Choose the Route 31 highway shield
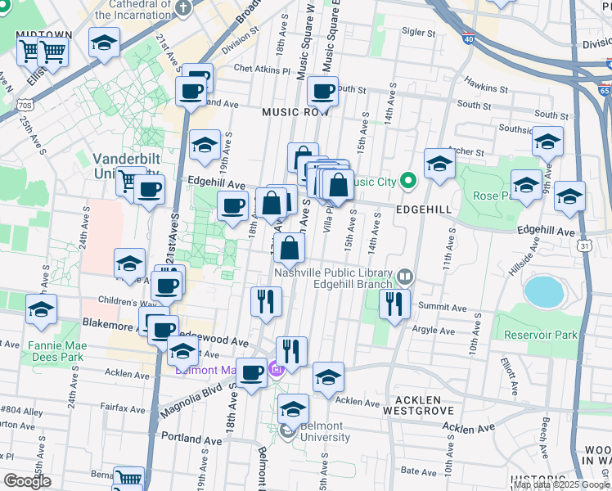(583, 245)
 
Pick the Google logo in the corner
(27, 481)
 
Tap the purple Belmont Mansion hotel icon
(276, 370)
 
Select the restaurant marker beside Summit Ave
(394, 304)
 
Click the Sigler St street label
(418, 33)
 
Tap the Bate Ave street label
(419, 472)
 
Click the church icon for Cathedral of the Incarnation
(183, 9)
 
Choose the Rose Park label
(491, 196)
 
